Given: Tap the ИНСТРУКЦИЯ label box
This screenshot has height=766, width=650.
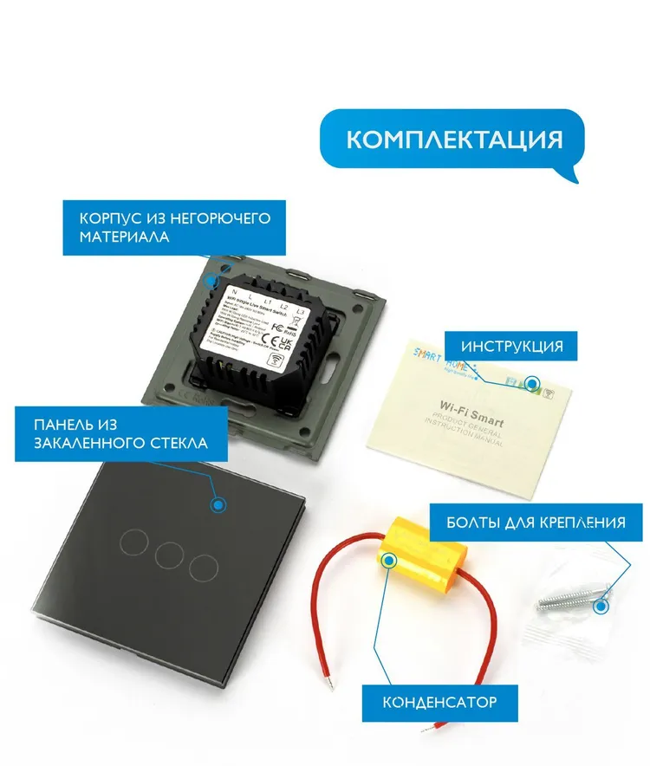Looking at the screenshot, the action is [511, 347].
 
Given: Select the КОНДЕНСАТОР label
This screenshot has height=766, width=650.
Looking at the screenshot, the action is [439, 700].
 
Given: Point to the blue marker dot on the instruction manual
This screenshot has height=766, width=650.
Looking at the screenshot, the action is [533, 382].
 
